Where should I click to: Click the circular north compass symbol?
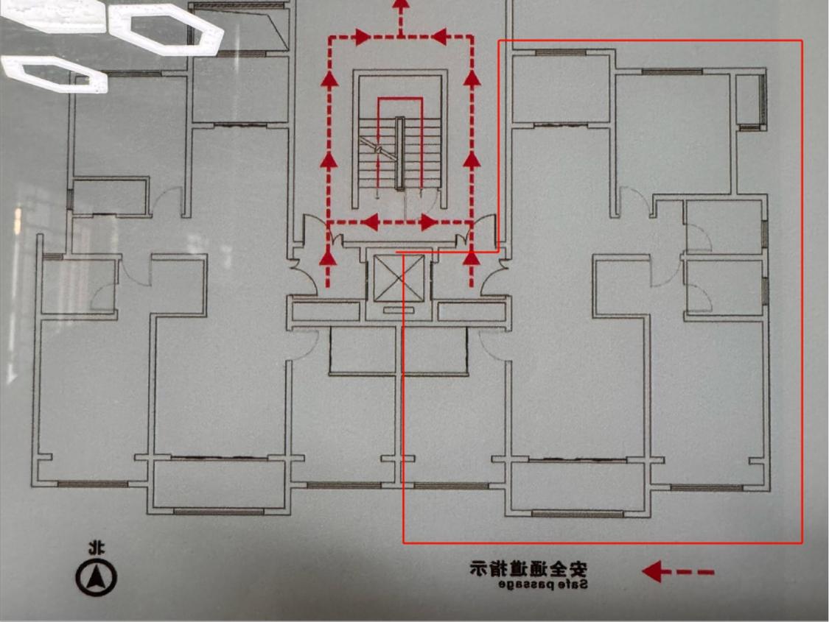click(96, 577)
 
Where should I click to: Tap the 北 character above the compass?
click(96, 548)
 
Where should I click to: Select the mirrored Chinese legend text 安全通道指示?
click(528, 568)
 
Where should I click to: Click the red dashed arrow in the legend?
click(677, 571)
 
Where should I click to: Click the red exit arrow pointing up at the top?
click(400, 9)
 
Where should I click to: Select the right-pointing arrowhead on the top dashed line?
click(361, 36)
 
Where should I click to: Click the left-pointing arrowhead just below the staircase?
click(372, 222)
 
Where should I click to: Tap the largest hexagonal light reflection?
click(167, 29)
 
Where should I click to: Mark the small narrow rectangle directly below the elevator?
click(399, 310)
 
